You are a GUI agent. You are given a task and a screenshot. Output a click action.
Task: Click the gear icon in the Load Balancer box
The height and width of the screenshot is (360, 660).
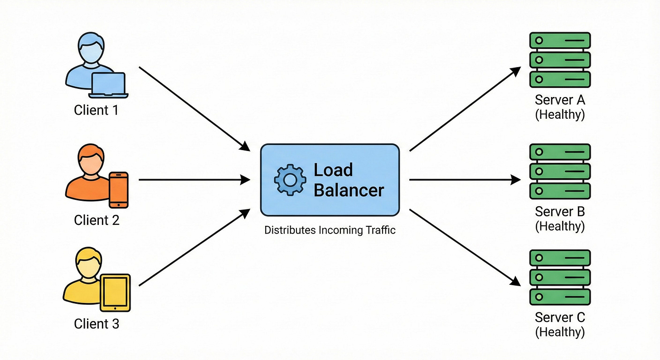click(290, 180)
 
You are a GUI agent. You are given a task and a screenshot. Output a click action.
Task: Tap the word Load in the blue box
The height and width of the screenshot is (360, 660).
click(333, 170)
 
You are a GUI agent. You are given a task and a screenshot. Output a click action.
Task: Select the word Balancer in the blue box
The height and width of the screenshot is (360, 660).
click(349, 190)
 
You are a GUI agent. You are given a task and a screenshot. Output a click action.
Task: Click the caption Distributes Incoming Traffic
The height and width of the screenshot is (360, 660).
click(330, 230)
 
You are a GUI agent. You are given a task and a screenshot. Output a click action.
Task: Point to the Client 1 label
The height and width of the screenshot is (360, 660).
click(97, 110)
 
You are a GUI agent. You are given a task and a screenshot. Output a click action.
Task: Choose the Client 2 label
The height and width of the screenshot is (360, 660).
click(97, 220)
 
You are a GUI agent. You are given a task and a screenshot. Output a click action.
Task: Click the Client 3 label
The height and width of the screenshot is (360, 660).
click(97, 324)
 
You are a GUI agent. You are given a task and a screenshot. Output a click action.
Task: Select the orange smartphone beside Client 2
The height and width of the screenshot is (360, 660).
click(119, 190)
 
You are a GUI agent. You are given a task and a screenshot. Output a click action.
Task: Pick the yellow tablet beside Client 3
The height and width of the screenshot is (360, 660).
click(115, 292)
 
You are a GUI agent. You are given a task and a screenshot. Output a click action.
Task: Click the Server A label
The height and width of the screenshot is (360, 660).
click(560, 100)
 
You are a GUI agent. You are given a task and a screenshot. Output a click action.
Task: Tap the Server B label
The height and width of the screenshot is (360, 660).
click(560, 211)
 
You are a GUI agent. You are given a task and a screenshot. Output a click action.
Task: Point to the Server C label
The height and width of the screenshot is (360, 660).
click(560, 317)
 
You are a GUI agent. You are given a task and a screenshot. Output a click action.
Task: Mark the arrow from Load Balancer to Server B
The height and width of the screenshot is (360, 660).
click(465, 180)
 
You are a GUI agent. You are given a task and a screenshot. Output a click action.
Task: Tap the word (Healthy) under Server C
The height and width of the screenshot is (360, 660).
click(560, 332)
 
